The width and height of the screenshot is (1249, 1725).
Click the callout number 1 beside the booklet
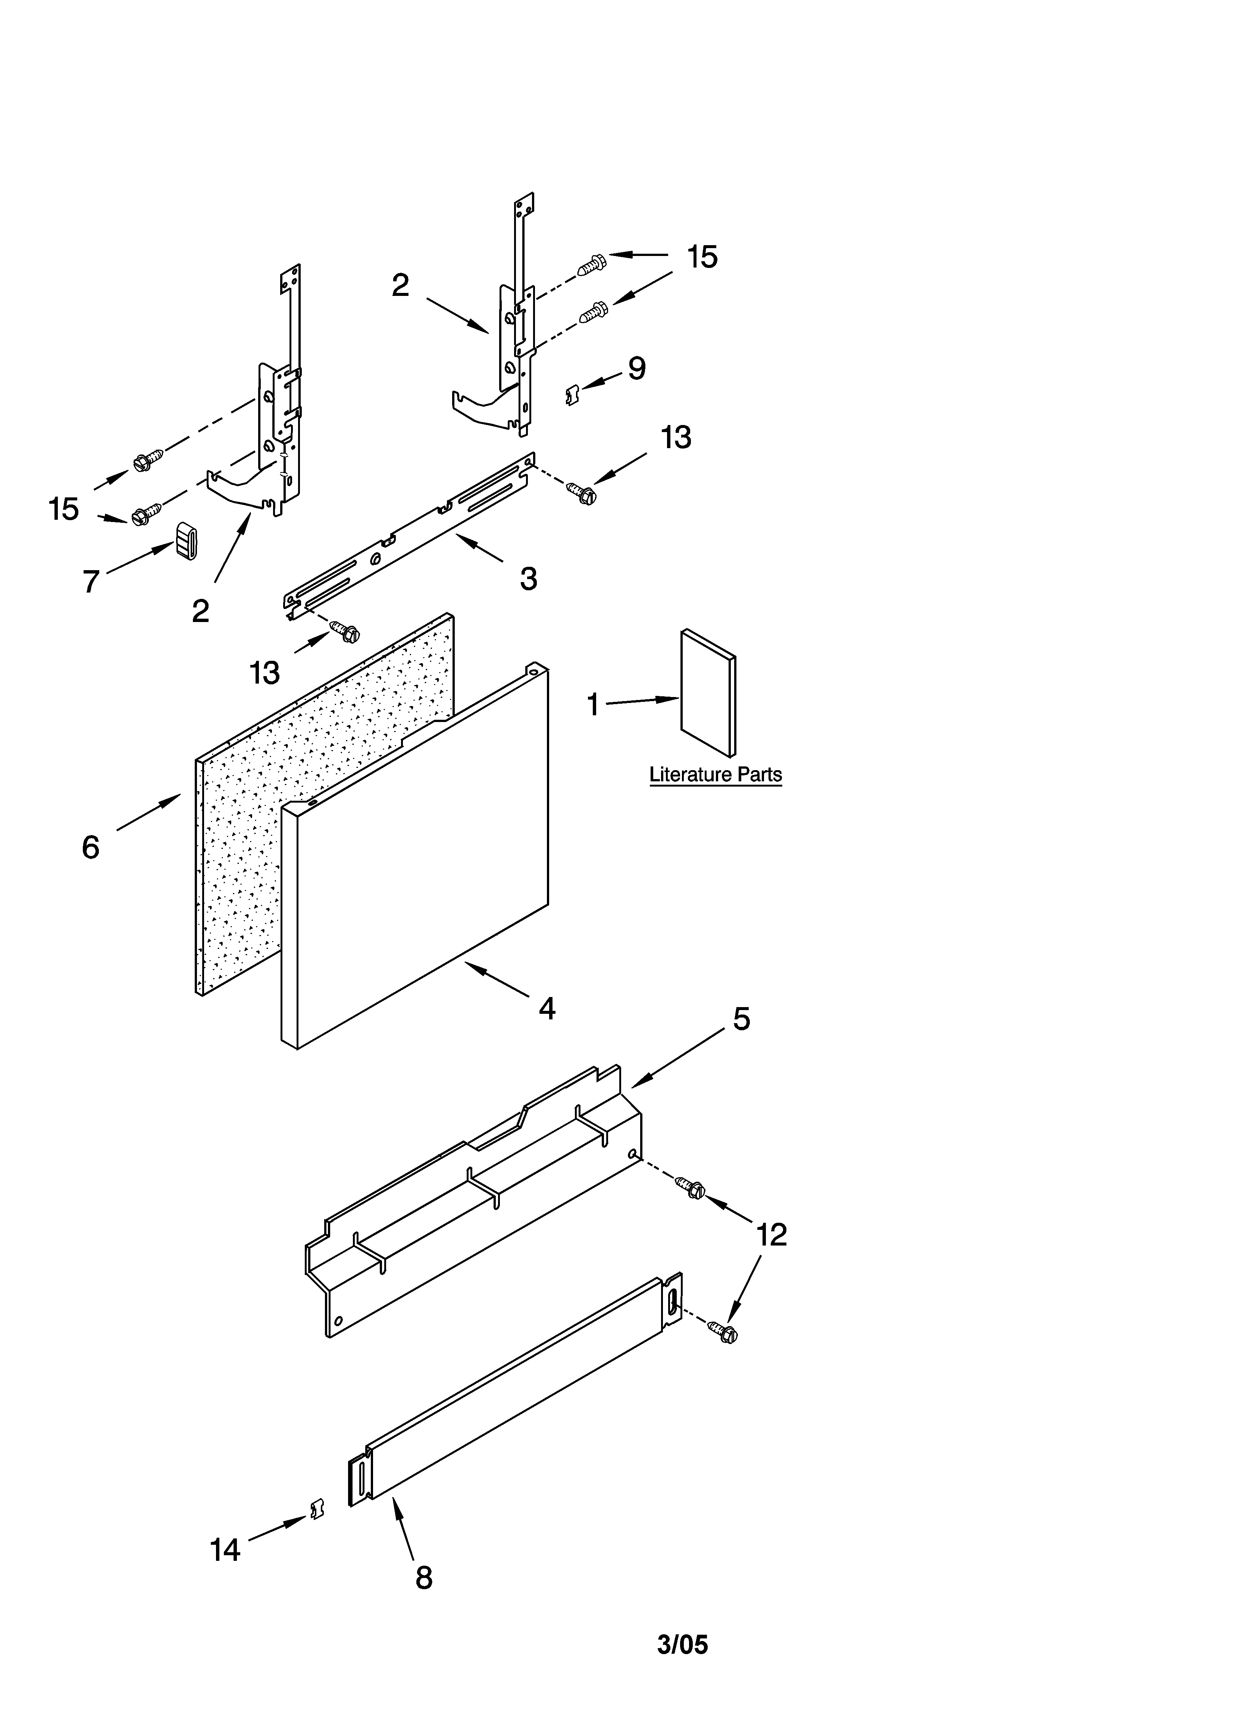pos(592,705)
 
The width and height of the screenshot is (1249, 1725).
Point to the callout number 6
pos(91,847)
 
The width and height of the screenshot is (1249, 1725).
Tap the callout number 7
pos(91,582)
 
